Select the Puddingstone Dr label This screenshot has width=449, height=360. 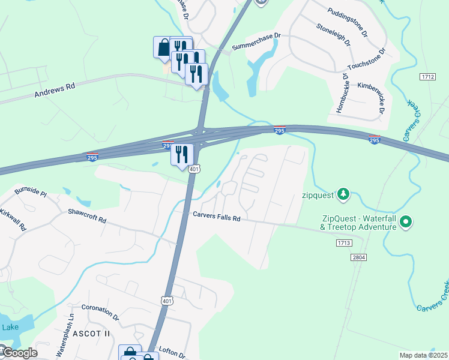(x=347, y=22)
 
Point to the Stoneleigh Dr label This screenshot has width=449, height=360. (x=334, y=35)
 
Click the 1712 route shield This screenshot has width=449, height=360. (x=427, y=77)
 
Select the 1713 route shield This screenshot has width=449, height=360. (x=343, y=243)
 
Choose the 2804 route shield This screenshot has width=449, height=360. (x=358, y=257)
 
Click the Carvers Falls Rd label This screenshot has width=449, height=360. (x=216, y=217)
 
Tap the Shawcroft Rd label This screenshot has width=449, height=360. (x=87, y=216)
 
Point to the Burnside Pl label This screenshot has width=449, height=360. (x=31, y=192)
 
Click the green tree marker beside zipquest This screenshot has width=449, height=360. (x=343, y=194)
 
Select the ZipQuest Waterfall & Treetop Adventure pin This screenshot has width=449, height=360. (x=406, y=223)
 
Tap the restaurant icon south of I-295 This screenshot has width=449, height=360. (x=182, y=154)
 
